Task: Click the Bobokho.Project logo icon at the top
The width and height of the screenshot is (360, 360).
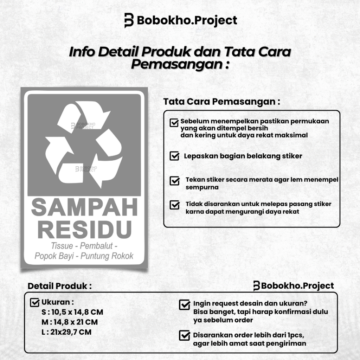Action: click(x=129, y=20)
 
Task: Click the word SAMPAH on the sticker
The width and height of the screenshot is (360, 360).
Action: click(x=84, y=207)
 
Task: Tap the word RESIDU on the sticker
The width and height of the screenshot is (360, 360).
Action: click(x=84, y=229)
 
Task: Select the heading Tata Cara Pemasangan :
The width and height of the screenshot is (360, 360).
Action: click(x=222, y=102)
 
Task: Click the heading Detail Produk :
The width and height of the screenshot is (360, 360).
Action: click(x=59, y=286)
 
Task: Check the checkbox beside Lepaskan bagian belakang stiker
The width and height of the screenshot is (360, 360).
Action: click(x=174, y=156)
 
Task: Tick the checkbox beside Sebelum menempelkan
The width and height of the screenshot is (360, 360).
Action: click(x=174, y=122)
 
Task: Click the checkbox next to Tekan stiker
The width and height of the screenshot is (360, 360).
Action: click(x=174, y=181)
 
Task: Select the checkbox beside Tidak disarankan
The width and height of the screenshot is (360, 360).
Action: click(x=174, y=205)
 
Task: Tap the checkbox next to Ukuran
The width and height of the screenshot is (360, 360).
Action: click(x=35, y=302)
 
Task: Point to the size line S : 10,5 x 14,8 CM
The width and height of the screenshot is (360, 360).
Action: click(x=72, y=312)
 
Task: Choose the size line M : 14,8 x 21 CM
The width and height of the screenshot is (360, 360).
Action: click(x=70, y=322)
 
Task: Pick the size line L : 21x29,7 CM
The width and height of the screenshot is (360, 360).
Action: click(x=66, y=332)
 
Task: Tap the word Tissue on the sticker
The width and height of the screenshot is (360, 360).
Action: click(x=62, y=245)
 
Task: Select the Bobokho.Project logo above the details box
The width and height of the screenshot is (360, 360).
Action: click(x=293, y=286)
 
